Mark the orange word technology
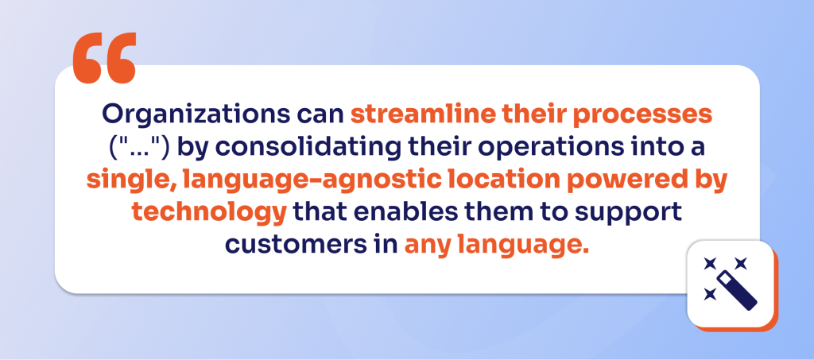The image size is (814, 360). coord(209,213)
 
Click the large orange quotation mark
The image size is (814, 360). coord(104,57)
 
